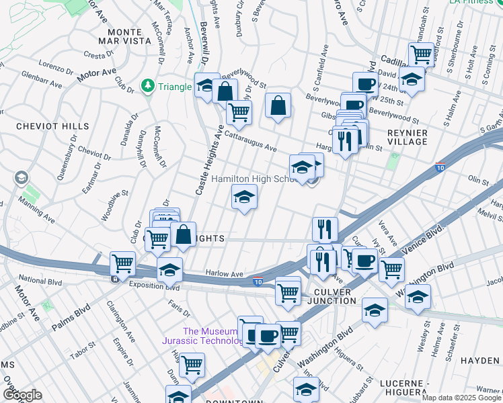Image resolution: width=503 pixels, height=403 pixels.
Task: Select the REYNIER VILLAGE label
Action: tap(407, 137)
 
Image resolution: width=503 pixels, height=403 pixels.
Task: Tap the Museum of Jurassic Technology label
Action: tap(210, 336)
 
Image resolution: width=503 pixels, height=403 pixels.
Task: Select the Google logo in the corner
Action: tap(22, 395)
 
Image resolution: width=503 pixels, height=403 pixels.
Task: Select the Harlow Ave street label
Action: tap(224, 274)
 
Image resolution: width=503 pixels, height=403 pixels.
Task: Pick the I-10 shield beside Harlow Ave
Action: tap(258, 281)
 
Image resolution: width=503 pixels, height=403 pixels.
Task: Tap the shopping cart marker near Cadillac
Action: tap(421, 53)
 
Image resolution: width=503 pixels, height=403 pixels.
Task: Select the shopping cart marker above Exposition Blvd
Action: tap(122, 263)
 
